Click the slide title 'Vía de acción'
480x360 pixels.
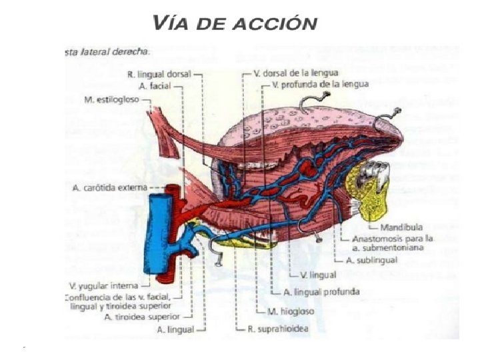tap(235, 23)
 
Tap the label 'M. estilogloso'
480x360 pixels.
tap(113, 99)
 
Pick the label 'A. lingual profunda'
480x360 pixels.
tap(322, 292)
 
